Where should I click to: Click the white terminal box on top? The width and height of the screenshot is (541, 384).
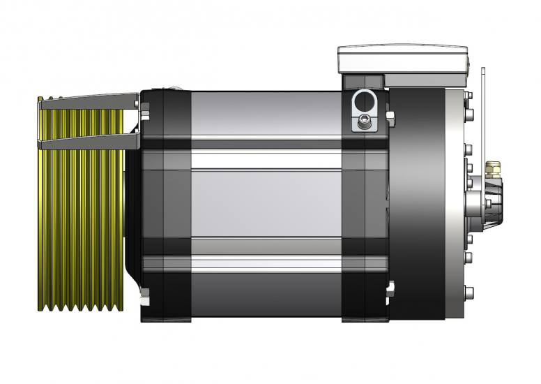point(402,59)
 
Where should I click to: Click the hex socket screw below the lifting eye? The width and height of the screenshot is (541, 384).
point(364,124)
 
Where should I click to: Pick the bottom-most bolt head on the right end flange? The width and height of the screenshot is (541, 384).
point(468,292)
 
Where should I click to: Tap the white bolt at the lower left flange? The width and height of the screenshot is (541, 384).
point(145,301)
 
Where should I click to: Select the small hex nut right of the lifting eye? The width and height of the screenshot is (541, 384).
point(390,115)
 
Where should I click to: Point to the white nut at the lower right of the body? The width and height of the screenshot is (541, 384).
point(391,287)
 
